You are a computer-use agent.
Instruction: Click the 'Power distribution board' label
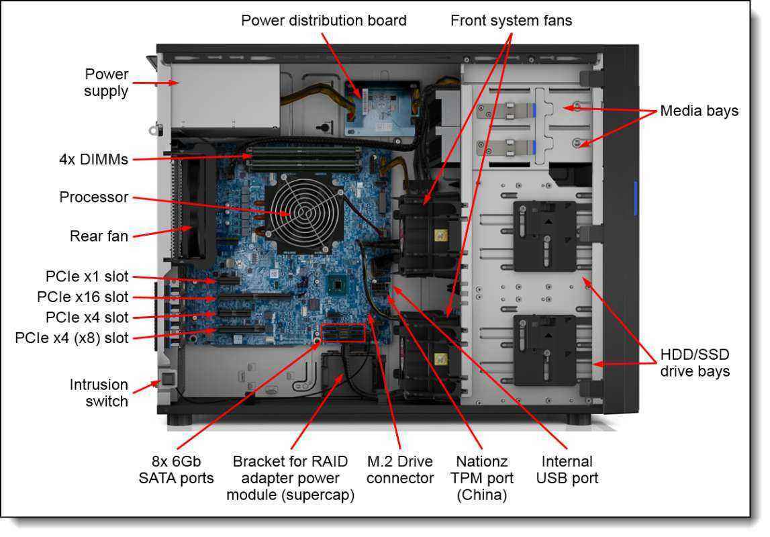tap(324, 21)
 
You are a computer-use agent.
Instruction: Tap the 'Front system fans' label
tap(511, 21)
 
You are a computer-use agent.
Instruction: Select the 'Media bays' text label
tap(699, 111)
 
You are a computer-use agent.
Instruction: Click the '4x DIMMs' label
tap(93, 160)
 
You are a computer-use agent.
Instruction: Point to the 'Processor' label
tap(93, 197)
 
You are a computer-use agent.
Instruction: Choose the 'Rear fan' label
tap(99, 236)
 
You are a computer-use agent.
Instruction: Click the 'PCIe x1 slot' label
tap(87, 276)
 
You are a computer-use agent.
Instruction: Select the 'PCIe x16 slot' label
tap(83, 297)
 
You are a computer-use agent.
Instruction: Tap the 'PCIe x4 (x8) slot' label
tap(71, 338)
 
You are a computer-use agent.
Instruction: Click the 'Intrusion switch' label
tap(99, 393)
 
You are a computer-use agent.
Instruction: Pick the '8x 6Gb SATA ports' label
tap(176, 470)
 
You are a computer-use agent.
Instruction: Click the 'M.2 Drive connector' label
tap(400, 470)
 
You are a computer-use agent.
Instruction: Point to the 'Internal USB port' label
tap(567, 470)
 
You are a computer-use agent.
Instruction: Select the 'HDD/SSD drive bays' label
tap(695, 362)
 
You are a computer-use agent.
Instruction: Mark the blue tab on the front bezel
tap(635, 199)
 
